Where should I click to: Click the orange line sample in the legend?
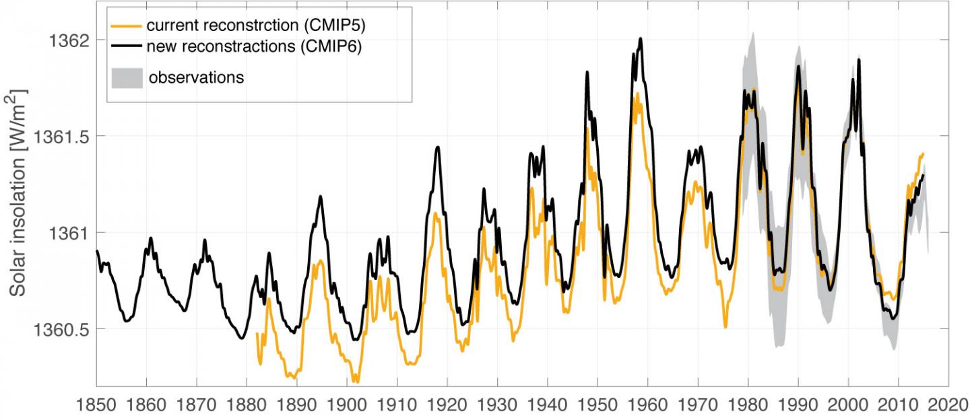[127, 26]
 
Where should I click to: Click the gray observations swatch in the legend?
[127, 77]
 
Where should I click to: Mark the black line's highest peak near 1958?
[641, 38]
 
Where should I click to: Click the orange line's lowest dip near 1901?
[355, 382]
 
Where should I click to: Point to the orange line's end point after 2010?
[923, 153]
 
